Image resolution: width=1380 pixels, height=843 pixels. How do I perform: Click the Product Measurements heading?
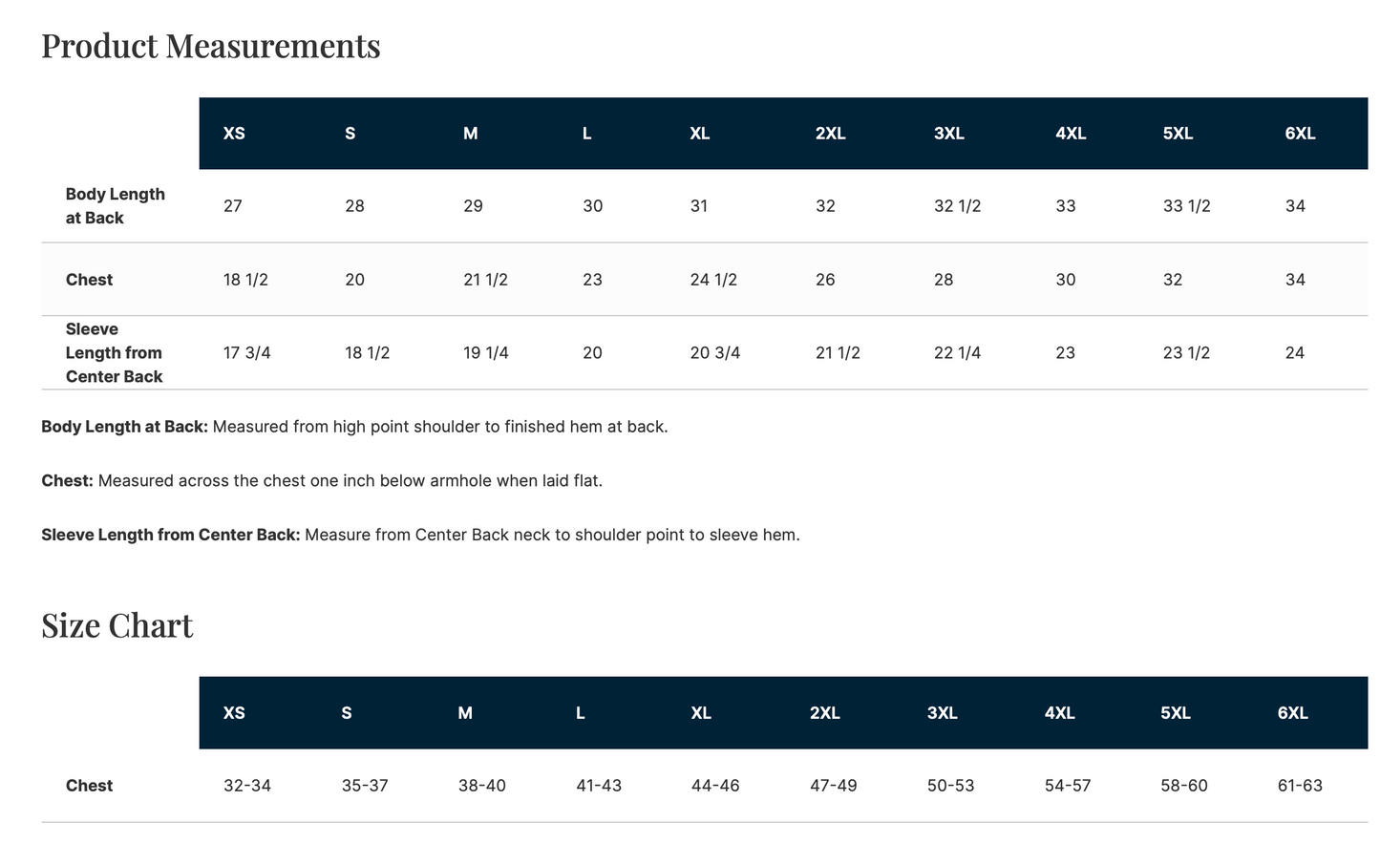coord(211,46)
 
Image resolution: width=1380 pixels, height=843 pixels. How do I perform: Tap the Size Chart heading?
coord(117,625)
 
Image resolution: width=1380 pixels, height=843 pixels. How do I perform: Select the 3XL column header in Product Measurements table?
coord(948,134)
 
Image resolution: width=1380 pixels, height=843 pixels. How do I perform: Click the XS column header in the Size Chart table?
coord(234,713)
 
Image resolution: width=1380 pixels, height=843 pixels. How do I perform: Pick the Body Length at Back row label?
coord(116,205)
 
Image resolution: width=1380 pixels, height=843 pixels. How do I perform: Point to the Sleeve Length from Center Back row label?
coord(114,353)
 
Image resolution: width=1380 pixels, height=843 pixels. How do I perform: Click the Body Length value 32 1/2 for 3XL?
coord(957,205)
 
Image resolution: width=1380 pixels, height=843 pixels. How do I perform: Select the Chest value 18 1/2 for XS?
coord(245,280)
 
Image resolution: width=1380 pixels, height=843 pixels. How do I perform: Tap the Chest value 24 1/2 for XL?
coord(713,280)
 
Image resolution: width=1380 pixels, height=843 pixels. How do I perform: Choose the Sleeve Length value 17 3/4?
coord(247,353)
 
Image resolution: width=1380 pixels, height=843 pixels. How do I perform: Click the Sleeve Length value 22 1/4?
coord(957,353)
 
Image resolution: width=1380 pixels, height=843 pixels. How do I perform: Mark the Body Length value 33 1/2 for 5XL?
coord(1186,205)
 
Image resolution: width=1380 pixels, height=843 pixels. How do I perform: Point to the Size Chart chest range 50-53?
coord(950,786)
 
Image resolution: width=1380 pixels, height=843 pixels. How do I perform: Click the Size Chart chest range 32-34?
coord(247,786)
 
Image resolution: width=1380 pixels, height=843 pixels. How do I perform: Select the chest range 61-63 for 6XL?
coord(1300,786)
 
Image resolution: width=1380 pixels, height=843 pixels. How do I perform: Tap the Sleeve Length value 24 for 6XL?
coord(1294,353)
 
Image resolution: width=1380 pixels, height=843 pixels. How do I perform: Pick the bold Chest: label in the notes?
coord(67,480)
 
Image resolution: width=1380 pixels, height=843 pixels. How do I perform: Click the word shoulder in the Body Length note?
coord(442,427)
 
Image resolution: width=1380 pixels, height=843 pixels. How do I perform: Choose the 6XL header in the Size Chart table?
coord(1292,713)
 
